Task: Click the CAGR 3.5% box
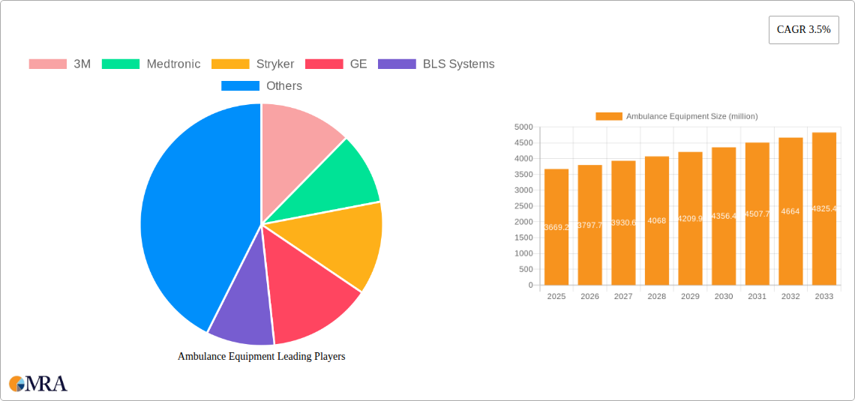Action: pyautogui.click(x=803, y=30)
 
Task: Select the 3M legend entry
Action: pyautogui.click(x=60, y=64)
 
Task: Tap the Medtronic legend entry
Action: pyautogui.click(x=151, y=64)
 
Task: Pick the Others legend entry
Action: pyautogui.click(x=262, y=86)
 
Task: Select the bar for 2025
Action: pyautogui.click(x=556, y=227)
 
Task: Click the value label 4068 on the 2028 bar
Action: pyautogui.click(x=656, y=220)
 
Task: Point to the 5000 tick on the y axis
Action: pyautogui.click(x=523, y=127)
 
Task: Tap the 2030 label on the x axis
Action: pyautogui.click(x=724, y=297)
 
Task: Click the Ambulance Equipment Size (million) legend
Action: pyautogui.click(x=676, y=116)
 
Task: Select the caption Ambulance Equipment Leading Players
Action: pyautogui.click(x=261, y=357)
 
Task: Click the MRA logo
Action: pyautogui.click(x=38, y=384)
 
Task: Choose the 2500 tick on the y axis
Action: pyautogui.click(x=523, y=206)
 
